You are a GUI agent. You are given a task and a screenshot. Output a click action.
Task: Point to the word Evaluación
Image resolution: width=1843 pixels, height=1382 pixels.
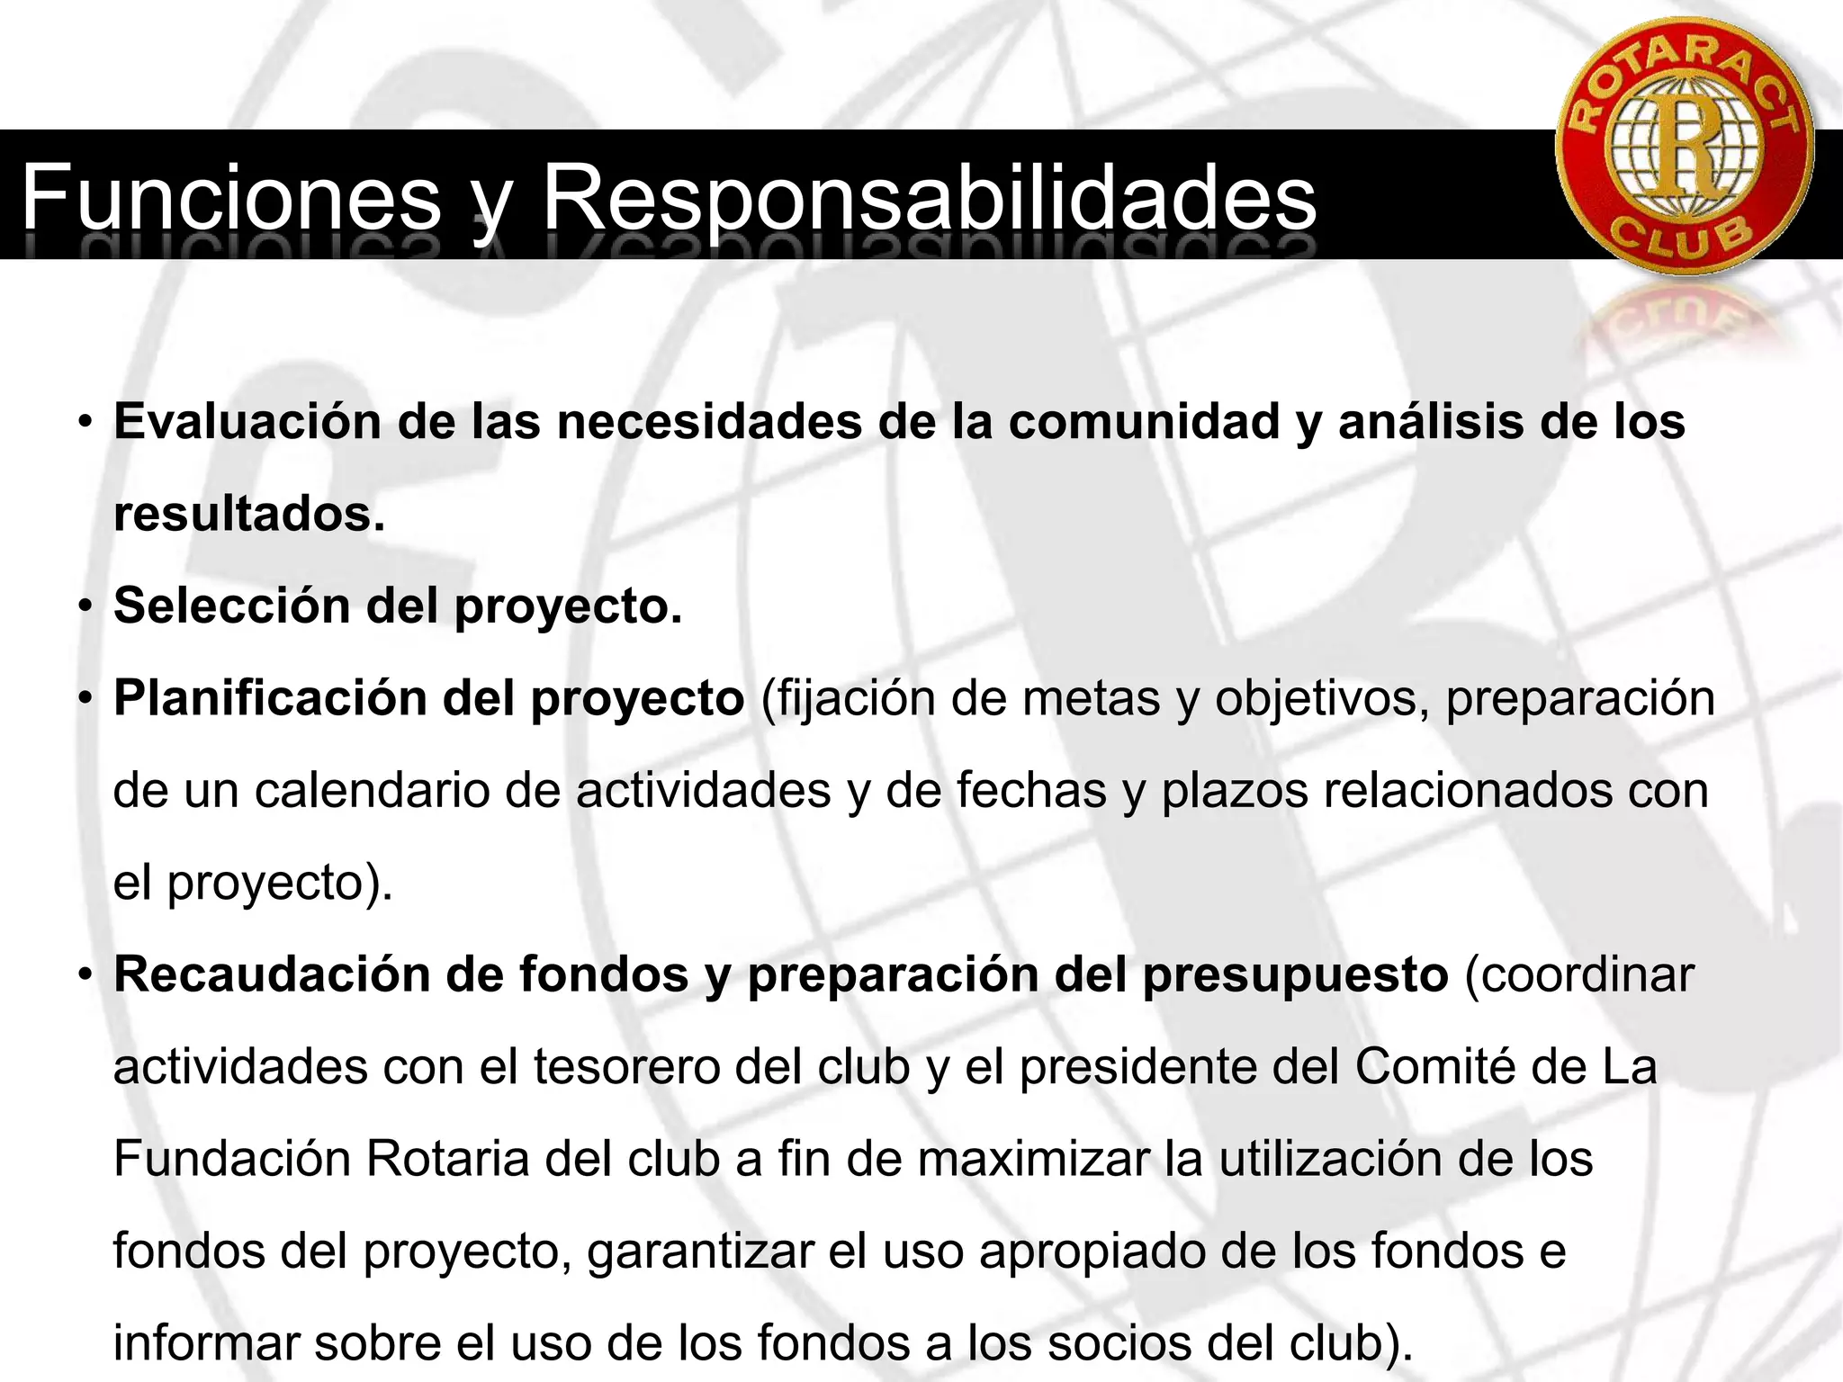point(248,422)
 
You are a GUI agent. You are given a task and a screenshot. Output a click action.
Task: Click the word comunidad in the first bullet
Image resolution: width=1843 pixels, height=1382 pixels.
point(1144,422)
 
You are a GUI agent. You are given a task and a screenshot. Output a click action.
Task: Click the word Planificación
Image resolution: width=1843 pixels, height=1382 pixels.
point(270,698)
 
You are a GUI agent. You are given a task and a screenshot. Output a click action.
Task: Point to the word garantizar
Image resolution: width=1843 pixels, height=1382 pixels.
point(700,1252)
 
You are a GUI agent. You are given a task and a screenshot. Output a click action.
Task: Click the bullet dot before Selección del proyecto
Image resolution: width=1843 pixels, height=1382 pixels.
point(85,606)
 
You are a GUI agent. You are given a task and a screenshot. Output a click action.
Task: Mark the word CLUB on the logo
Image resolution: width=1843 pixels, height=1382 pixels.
point(1681,239)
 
